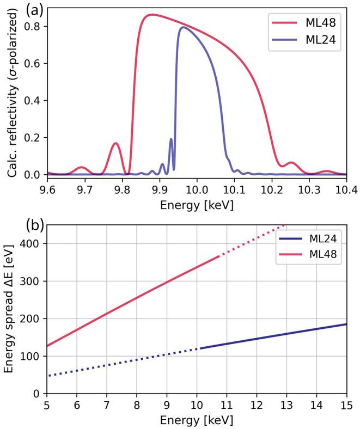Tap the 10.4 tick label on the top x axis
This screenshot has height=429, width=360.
click(346, 189)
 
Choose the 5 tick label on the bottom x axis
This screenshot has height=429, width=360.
click(47, 406)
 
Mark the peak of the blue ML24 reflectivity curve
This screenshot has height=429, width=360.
click(182, 27)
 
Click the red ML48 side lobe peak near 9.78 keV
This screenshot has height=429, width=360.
click(115, 143)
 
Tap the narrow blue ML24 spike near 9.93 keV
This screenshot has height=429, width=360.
click(171, 139)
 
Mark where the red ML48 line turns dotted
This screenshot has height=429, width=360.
click(219, 256)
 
